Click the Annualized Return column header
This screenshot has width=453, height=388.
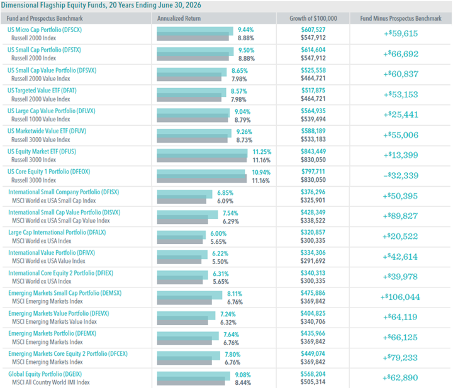tap(179, 18)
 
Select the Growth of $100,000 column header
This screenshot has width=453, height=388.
tap(313, 18)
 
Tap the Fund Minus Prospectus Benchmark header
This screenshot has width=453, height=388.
tap(401, 18)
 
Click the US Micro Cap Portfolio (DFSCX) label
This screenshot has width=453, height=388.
tap(45, 30)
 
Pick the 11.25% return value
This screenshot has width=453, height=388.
tap(262, 152)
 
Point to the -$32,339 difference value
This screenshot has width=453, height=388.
tap(401, 175)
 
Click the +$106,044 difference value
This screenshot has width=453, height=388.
tap(400, 297)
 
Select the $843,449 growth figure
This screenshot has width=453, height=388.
tap(313, 152)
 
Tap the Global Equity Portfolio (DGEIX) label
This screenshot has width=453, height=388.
tap(45, 374)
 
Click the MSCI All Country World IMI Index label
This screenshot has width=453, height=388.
tap(51, 382)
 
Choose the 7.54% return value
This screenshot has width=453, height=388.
tap(230, 213)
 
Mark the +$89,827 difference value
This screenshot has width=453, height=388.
tap(400, 216)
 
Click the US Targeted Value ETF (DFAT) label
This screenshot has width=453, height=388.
tap(42, 91)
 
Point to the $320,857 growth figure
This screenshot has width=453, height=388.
tap(313, 233)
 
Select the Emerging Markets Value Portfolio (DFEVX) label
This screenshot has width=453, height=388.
tap(59, 314)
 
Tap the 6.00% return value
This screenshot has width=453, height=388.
tap(218, 233)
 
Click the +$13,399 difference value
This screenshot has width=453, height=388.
tap(401, 155)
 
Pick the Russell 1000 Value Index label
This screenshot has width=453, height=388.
tap(41, 119)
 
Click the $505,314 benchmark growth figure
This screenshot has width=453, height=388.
tap(313, 382)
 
